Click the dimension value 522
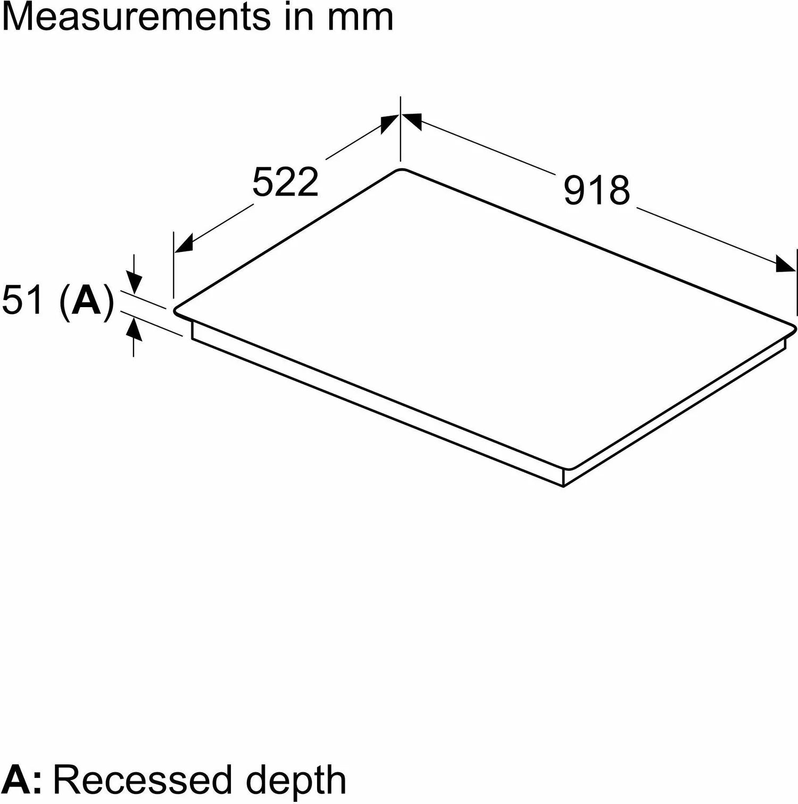285,182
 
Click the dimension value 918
596,190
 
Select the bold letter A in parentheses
86,300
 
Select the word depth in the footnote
296,780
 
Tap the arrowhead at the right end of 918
786,264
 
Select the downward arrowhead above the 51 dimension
134,283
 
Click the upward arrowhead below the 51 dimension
134,331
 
